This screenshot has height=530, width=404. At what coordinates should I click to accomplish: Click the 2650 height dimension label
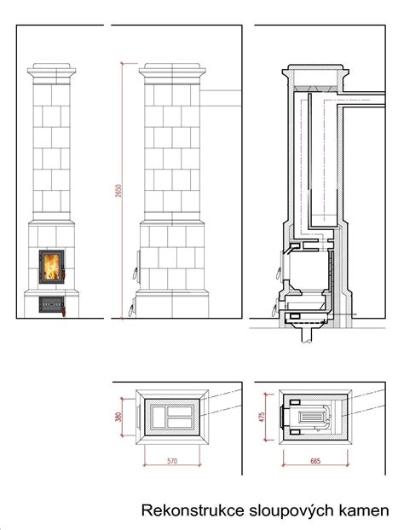pyautogui.click(x=118, y=191)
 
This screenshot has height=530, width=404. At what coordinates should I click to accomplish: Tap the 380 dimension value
pyautogui.click(x=118, y=418)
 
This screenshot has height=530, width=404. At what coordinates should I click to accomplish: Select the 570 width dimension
pyautogui.click(x=172, y=461)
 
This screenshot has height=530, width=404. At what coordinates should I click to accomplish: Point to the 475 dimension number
pyautogui.click(x=262, y=417)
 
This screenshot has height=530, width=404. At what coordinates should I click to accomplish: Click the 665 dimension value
pyautogui.click(x=315, y=461)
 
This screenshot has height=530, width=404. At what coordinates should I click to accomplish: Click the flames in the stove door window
pyautogui.click(x=52, y=267)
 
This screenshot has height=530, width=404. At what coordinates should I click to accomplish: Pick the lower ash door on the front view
pyautogui.click(x=51, y=304)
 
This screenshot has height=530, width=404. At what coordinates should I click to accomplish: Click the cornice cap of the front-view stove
pyautogui.click(x=52, y=73)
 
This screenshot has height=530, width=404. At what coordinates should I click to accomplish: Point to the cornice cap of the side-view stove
pyautogui.click(x=172, y=73)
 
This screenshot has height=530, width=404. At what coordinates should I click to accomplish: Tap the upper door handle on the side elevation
pyautogui.click(x=136, y=274)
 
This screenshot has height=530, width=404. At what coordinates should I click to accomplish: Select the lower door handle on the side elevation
pyautogui.click(x=131, y=311)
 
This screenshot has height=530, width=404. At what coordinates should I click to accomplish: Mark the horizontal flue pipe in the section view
pyautogui.click(x=361, y=100)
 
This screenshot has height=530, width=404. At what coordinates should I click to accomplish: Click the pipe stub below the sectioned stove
pyautogui.click(x=307, y=336)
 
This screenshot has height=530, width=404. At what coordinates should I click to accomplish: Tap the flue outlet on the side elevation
pyautogui.click(x=221, y=98)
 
